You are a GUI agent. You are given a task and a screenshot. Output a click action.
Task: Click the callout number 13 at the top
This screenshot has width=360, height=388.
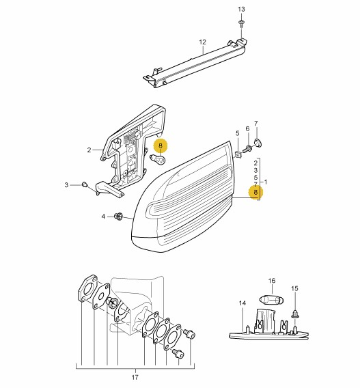pyautogui.click(x=241, y=10)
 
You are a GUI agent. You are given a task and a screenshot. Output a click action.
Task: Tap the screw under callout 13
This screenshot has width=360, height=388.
pyautogui.click(x=241, y=23)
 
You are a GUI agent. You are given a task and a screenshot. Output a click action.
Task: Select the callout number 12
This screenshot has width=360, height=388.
pyautogui.click(x=202, y=42)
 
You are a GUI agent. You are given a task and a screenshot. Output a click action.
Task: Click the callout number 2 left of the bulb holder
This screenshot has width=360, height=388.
pyautogui.click(x=89, y=150)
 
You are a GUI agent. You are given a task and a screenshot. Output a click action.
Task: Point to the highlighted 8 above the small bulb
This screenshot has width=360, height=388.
pyautogui.click(x=161, y=145)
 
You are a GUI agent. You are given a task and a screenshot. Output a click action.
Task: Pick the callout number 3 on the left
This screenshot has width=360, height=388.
pyautogui.click(x=66, y=185)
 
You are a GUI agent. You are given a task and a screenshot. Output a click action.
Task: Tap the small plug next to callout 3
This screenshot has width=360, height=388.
pyautogui.click(x=85, y=184)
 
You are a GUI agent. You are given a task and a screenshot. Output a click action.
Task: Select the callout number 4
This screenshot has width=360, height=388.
pyautogui.click(x=103, y=217)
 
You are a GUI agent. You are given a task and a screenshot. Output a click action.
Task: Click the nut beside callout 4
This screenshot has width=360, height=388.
pyautogui.click(x=118, y=217)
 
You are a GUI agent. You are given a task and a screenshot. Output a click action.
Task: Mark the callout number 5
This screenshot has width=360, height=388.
pyautogui.click(x=238, y=134)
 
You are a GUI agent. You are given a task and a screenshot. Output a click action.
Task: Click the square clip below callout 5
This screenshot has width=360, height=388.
pyautogui.click(x=238, y=155)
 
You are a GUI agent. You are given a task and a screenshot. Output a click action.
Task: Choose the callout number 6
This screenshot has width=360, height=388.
pyautogui.click(x=247, y=128)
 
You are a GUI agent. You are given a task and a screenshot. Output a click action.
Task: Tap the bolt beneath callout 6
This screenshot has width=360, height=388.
pyautogui.click(x=247, y=149)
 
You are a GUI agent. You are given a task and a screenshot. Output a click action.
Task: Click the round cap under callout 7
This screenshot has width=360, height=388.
pyautogui.click(x=258, y=143)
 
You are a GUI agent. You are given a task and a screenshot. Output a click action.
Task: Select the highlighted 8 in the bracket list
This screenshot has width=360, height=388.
pyautogui.click(x=255, y=192)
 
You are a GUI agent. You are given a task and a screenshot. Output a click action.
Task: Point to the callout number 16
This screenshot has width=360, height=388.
pyautogui.click(x=272, y=281)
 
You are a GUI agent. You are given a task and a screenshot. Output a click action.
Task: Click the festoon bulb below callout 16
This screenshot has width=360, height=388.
pyautogui.click(x=271, y=300)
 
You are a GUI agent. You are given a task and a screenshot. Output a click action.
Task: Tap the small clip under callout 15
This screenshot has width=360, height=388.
pyautogui.click(x=295, y=314)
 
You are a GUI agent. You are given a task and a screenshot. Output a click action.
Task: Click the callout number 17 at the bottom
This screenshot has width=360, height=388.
pyautogui.click(x=135, y=378)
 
